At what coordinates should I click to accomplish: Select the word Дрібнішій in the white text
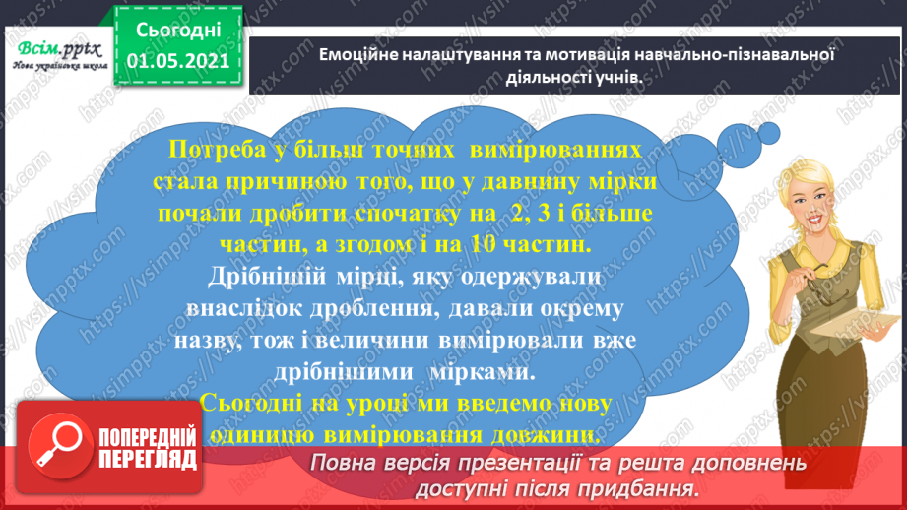point(258,278)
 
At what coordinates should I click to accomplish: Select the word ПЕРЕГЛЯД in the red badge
point(145,459)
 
